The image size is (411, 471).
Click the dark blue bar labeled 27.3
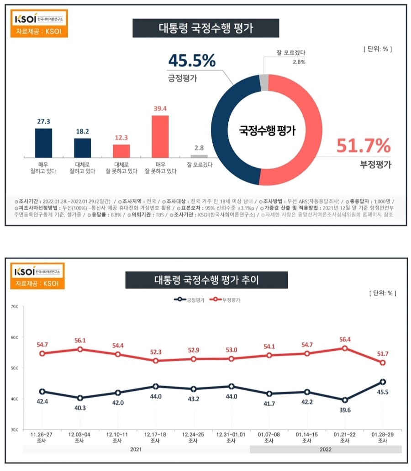pyautogui.click(x=43, y=142)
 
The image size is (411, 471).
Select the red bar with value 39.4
pyautogui.click(x=160, y=136)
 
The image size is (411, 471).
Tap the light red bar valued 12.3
pyautogui.click(x=121, y=150)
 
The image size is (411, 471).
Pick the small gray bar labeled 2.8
pyautogui.click(x=199, y=156)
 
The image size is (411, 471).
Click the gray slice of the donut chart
pyautogui.click(x=263, y=82)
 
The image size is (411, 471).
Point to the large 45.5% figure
pyautogui.click(x=192, y=60)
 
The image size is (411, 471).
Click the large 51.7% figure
pyautogui.click(x=364, y=146)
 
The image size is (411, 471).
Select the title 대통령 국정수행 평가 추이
pyautogui.click(x=206, y=280)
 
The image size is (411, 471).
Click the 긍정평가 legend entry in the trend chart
pyautogui.click(x=188, y=300)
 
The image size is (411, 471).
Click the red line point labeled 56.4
pyautogui.click(x=345, y=348)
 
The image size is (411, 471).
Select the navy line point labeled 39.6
pyautogui.click(x=345, y=400)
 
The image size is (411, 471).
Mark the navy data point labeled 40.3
pyautogui.click(x=80, y=398)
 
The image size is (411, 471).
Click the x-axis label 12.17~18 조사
pyautogui.click(x=155, y=438)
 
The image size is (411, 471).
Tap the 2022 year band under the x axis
pyautogui.click(x=326, y=450)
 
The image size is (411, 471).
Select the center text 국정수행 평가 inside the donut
pyautogui.click(x=267, y=131)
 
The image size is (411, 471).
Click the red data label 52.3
pyautogui.click(x=155, y=352)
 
